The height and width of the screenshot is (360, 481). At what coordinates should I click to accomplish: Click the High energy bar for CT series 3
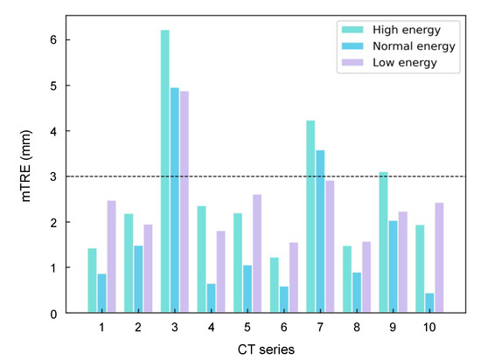tap(164, 171)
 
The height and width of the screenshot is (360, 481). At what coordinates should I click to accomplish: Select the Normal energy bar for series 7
tap(320, 232)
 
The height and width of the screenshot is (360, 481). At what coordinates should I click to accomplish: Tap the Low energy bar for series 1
tap(111, 257)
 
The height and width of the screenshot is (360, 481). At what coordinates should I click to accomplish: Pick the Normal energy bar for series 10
tap(429, 302)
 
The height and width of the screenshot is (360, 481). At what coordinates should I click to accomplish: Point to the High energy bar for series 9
tap(383, 242)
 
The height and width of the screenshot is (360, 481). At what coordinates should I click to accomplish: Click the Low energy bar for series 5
tap(257, 253)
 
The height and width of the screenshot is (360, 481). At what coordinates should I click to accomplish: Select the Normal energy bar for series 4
tap(211, 298)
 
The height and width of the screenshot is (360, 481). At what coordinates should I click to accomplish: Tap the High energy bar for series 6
tap(275, 285)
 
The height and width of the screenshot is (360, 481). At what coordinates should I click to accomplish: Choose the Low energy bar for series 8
tap(366, 277)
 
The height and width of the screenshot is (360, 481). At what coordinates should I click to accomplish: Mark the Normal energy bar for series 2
tap(138, 279)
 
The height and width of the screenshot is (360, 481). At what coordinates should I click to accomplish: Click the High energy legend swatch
tap(352, 30)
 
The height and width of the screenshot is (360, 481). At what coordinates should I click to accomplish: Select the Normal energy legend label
tap(414, 46)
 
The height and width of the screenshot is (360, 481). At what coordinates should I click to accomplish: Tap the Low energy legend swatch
tap(352, 63)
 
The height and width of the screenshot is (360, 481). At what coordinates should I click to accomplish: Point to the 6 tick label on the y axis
tap(53, 39)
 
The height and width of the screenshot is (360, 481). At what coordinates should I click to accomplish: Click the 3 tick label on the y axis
tap(53, 177)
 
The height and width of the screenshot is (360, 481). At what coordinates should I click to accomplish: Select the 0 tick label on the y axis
tap(53, 314)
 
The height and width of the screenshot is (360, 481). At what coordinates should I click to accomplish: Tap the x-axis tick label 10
tap(429, 328)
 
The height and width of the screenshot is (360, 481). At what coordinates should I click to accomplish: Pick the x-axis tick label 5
tap(247, 328)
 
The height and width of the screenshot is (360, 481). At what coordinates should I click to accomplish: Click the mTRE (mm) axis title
tap(26, 166)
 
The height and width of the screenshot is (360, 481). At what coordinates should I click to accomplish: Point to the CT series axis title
tap(266, 350)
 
